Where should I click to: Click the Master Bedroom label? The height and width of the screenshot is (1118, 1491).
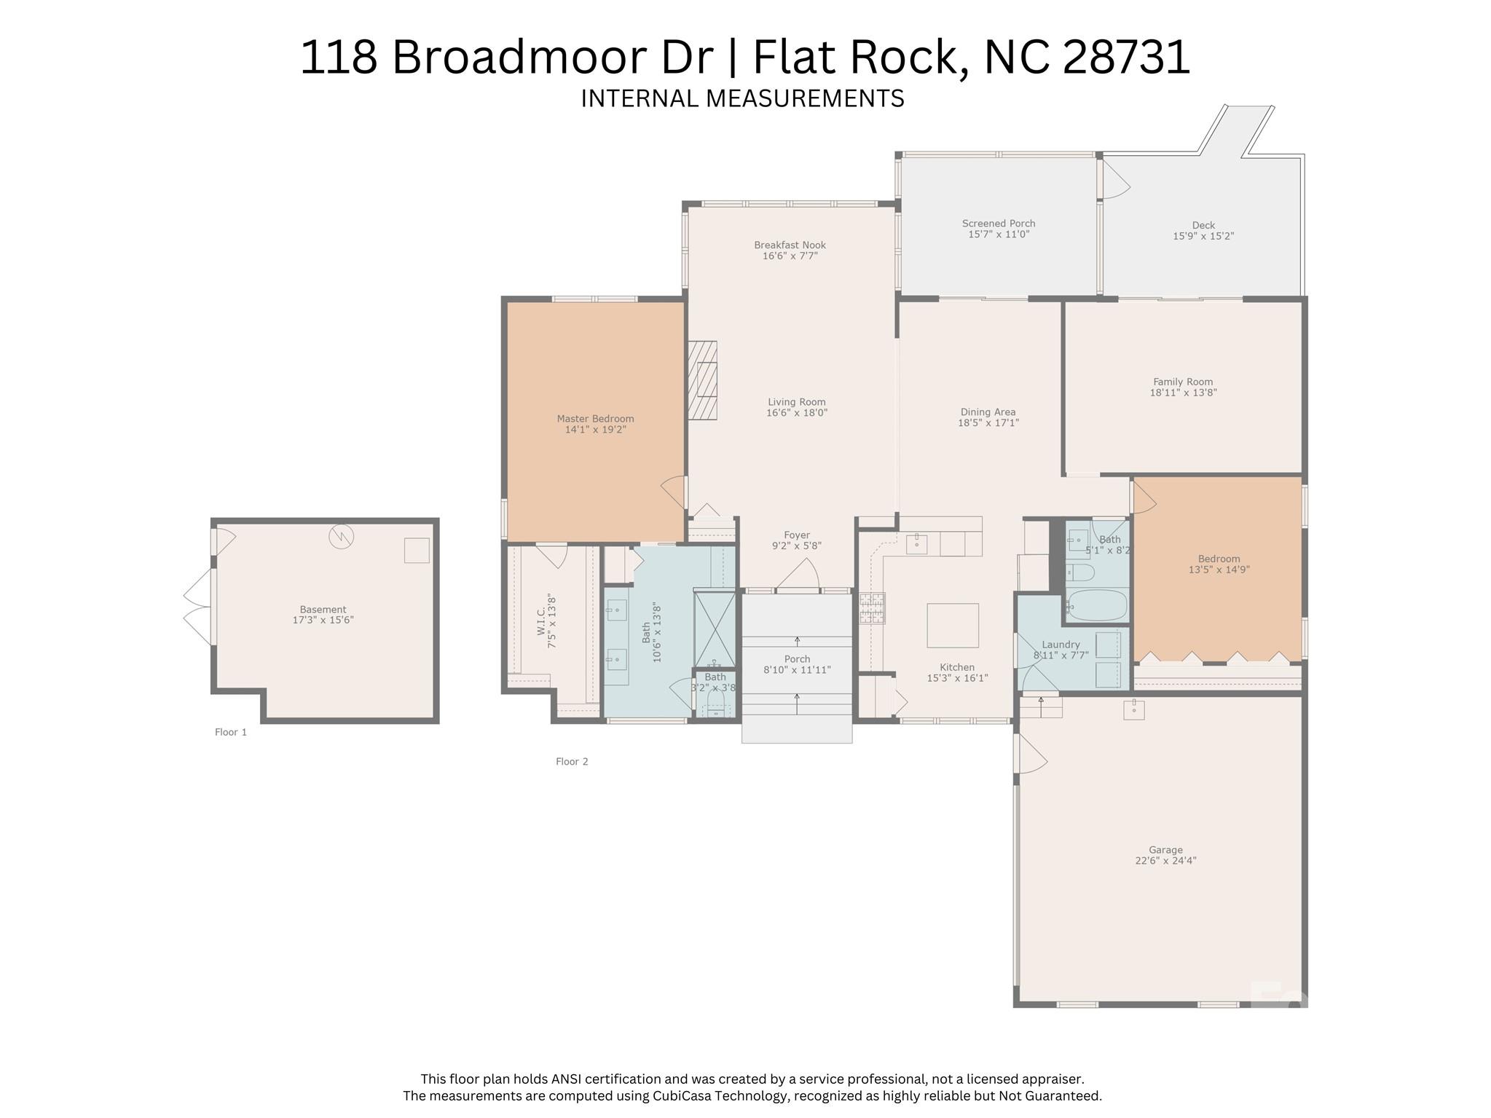595,419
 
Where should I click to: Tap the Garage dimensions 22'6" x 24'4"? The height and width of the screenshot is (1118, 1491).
1165,860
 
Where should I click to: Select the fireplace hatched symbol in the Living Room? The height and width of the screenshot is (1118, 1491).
703,380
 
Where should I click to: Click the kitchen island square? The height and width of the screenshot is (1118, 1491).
952,625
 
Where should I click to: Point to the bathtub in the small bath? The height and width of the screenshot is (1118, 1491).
1096,605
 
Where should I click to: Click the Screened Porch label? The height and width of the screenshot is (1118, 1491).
998,224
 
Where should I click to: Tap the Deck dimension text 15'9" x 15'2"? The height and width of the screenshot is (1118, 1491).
1203,236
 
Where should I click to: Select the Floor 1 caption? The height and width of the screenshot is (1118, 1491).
231,732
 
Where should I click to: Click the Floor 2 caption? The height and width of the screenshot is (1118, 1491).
572,761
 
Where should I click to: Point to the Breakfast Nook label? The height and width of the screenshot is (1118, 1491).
790,245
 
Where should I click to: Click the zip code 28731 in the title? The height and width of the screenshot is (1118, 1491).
1127,57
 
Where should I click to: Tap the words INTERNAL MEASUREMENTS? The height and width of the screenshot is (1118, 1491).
742,98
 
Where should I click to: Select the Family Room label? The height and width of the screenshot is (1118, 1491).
1183,382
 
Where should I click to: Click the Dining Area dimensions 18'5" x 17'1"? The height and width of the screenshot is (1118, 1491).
988,422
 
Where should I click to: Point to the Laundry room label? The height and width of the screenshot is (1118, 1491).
1061,645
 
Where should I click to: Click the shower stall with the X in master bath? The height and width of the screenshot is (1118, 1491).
715,629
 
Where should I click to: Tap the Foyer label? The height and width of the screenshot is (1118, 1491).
797,535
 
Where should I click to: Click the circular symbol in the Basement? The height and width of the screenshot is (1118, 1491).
341,537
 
